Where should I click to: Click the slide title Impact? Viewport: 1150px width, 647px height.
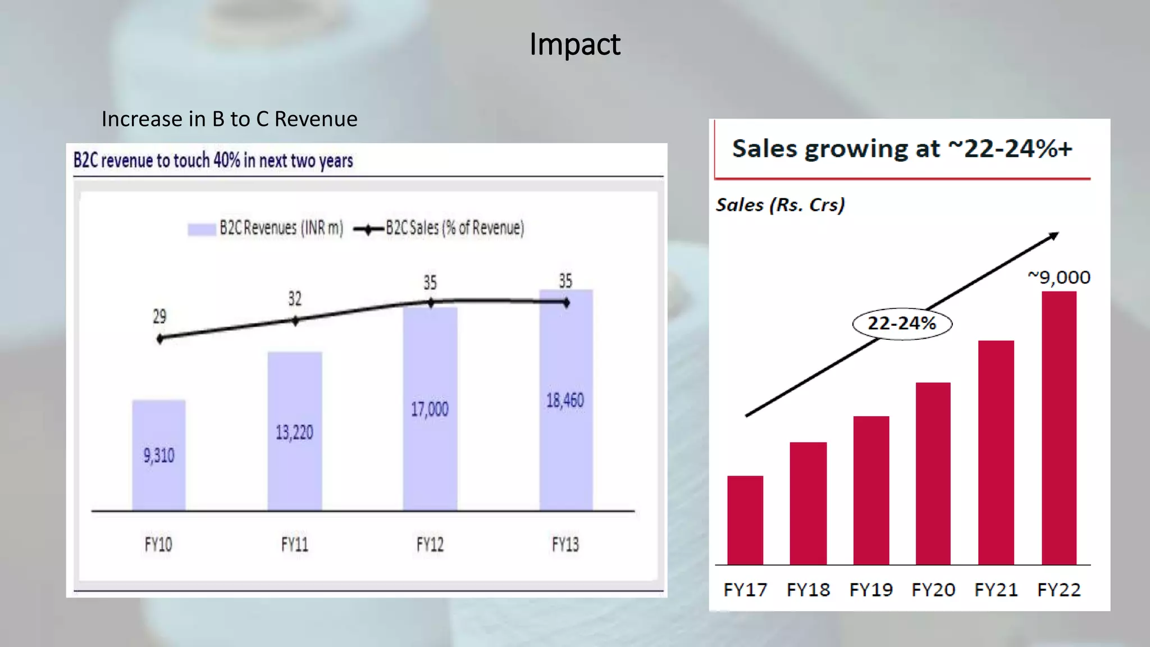coord(574,44)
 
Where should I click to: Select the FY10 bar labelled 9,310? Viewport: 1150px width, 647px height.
coord(159,455)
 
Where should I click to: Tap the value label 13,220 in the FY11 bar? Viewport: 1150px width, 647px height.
coord(294,432)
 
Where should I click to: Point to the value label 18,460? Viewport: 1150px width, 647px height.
coord(565,400)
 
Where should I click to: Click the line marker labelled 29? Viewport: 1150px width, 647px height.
coord(160,339)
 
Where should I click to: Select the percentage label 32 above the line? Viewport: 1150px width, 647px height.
coord(295,298)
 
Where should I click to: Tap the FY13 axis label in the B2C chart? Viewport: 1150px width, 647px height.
coord(565,544)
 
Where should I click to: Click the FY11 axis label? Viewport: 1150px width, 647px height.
coord(294,544)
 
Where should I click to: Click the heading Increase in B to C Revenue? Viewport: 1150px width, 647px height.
coord(229,119)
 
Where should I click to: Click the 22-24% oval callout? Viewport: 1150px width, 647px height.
coord(902,323)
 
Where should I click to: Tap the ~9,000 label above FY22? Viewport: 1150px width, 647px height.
coord(1059,277)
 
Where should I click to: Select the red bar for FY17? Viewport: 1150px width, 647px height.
coord(745,520)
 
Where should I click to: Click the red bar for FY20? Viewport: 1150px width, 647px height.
coord(933,473)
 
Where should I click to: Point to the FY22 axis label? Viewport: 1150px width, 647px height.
coord(1058,590)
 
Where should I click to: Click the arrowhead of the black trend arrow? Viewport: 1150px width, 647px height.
coord(1054,236)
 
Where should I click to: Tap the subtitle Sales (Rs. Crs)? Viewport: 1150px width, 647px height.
coord(780,205)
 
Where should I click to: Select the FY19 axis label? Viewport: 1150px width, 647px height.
coord(871,590)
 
